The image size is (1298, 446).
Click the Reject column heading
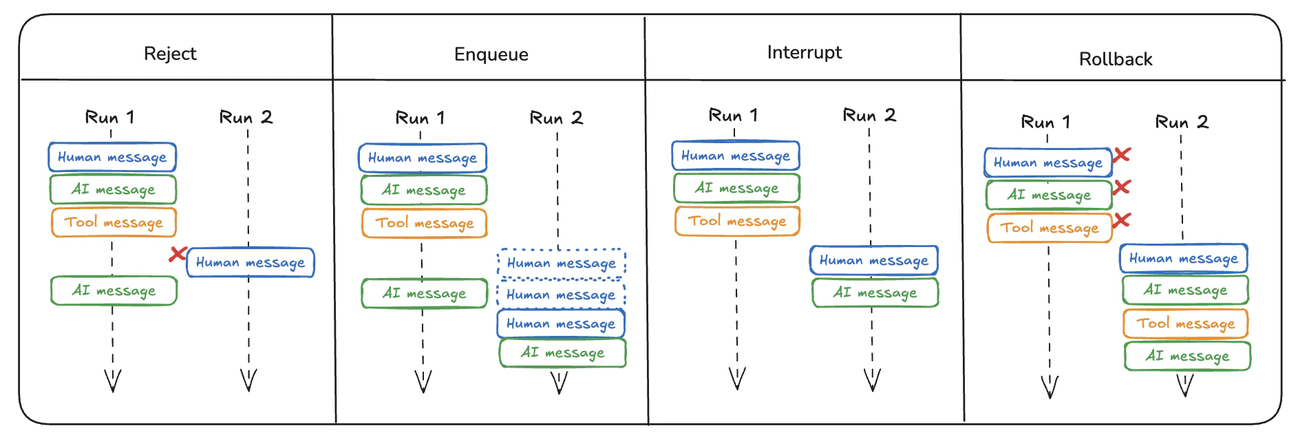point(170,54)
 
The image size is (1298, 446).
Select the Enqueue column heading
point(491,54)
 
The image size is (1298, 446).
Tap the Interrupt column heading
point(804,52)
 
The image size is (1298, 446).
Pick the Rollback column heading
point(1115,59)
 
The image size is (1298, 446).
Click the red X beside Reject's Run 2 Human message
point(178,255)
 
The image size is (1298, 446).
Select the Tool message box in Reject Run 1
point(114,222)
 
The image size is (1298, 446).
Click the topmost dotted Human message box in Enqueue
point(561,263)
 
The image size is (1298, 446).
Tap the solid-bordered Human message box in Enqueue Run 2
point(561,323)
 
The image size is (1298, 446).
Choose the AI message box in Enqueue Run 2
point(562,353)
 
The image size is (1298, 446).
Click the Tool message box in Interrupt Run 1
point(737,221)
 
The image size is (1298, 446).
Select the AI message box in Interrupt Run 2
point(875,293)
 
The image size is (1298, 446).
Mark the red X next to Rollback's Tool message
point(1122,220)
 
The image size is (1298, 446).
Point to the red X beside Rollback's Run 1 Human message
point(1122,155)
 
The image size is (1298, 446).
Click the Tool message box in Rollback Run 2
point(1185,323)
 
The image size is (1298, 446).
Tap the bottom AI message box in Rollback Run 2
point(1187,356)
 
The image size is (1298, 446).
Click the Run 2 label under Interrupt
point(869,115)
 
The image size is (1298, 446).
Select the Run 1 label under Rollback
point(1045,123)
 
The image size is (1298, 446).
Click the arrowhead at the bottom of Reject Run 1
point(113,381)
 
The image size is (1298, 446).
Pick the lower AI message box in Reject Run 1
point(114,290)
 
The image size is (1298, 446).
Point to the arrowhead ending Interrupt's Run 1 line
point(737,379)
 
